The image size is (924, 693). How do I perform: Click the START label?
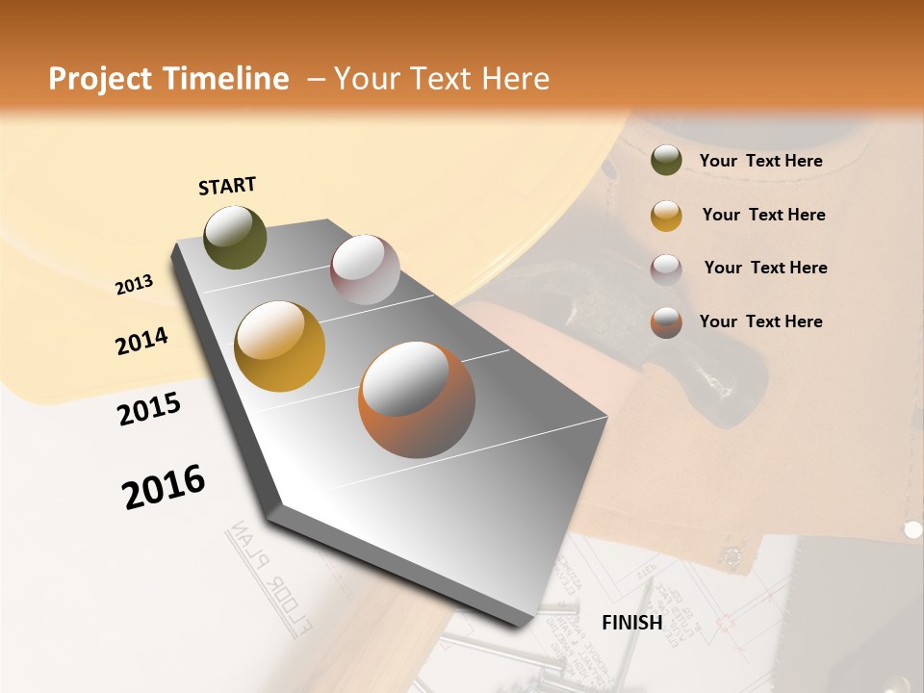(x=227, y=186)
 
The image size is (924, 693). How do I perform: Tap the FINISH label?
(x=631, y=623)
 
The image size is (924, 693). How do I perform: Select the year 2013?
(x=134, y=284)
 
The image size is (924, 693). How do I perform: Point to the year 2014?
(x=141, y=341)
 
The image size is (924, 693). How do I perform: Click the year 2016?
(x=164, y=487)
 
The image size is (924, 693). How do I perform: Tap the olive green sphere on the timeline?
(x=235, y=237)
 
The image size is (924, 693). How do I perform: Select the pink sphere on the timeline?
(x=365, y=269)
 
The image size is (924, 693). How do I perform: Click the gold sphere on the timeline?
(x=279, y=346)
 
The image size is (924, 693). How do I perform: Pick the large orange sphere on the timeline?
(x=417, y=399)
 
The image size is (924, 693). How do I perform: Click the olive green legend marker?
(x=666, y=161)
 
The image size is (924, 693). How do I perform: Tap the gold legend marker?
(x=666, y=215)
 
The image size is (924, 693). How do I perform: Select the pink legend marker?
(x=666, y=269)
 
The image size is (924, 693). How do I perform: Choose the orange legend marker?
(x=666, y=321)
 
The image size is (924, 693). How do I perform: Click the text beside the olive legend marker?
(x=760, y=161)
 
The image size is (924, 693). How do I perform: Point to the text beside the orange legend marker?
(x=760, y=321)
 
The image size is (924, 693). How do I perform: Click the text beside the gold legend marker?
(x=763, y=215)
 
